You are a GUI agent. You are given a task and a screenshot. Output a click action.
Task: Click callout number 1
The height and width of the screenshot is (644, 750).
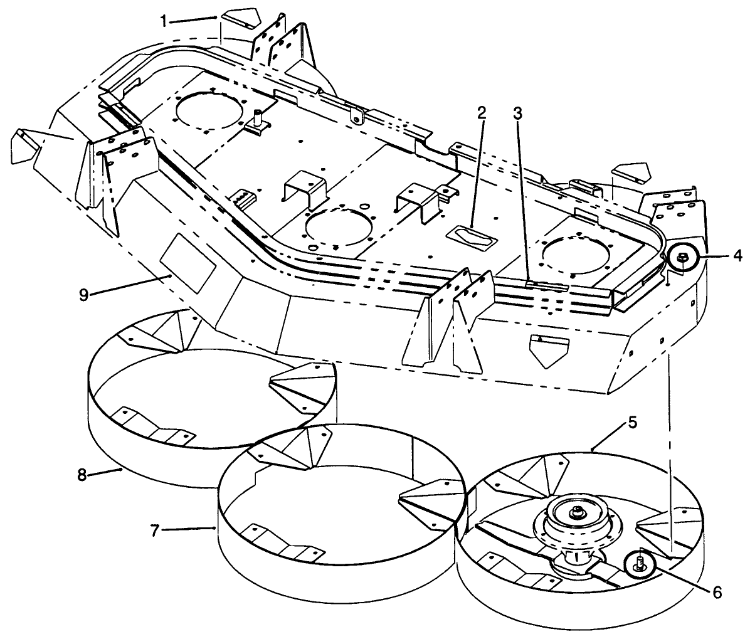(x=164, y=21)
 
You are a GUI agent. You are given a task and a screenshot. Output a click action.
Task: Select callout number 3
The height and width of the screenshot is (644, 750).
(x=517, y=113)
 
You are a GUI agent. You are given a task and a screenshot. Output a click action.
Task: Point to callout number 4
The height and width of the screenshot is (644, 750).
(x=737, y=256)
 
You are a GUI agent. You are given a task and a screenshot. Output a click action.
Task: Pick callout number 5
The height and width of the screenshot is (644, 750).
(x=632, y=423)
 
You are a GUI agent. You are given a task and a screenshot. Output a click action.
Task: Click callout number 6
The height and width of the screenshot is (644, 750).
(x=717, y=593)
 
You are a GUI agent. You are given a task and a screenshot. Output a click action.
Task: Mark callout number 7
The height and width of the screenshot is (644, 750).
(x=154, y=530)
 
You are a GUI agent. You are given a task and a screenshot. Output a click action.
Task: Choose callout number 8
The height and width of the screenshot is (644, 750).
(x=82, y=475)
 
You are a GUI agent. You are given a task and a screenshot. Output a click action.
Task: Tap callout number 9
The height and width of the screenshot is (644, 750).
(x=83, y=295)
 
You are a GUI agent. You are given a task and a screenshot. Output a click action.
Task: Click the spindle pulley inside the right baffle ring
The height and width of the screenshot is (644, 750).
(x=576, y=518)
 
